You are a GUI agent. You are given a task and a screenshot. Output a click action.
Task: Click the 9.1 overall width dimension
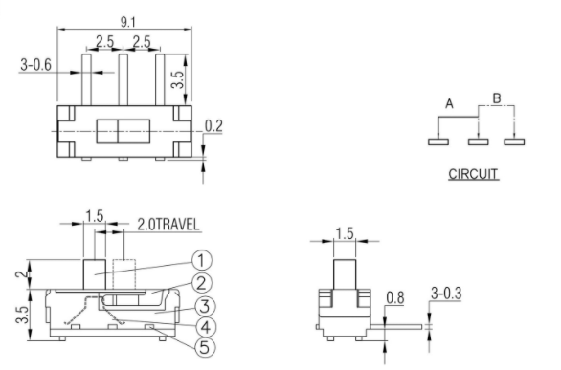click(127, 23)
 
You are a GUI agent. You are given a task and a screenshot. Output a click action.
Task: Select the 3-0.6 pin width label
click(35, 65)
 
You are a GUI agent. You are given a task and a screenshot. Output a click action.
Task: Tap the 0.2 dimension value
click(213, 126)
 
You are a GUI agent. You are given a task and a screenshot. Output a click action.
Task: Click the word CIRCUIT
click(473, 174)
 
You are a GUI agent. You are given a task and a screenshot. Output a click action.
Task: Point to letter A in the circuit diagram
click(449, 104)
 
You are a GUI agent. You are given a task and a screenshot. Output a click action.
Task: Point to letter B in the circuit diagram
click(497, 98)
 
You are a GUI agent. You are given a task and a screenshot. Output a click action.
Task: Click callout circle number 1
click(202, 260)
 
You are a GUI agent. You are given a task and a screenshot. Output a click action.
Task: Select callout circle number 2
click(202, 283)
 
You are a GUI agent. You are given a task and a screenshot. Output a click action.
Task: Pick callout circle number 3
click(205, 307)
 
